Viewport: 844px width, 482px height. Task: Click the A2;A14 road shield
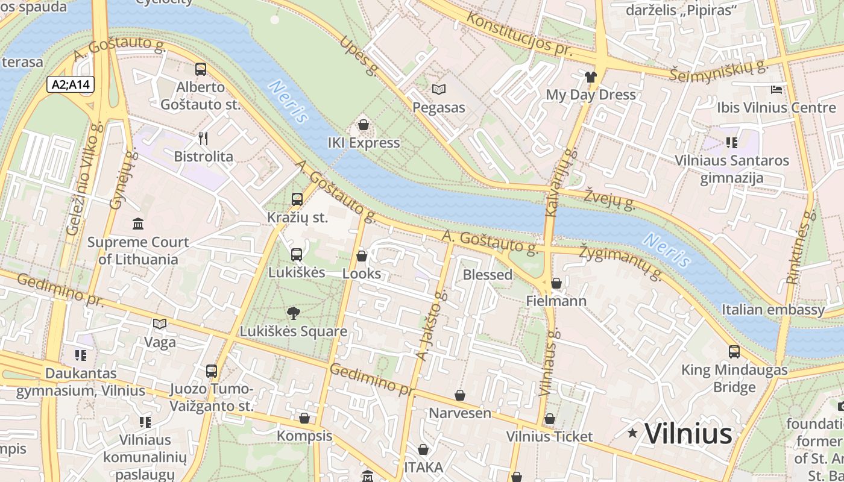71,84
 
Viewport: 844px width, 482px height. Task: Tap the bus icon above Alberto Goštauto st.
201,69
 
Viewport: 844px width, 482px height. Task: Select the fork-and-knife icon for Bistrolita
203,139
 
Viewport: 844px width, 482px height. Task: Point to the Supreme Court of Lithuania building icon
138,224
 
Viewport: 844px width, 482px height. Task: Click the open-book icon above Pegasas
439,90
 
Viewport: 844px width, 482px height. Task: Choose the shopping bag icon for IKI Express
364,125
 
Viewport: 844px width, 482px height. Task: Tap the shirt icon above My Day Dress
590,77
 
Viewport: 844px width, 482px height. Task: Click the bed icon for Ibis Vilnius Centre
777,90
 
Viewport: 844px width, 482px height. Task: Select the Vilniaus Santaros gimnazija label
732,169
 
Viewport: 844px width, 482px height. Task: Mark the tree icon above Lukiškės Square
294,313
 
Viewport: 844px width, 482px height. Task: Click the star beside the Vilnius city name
632,433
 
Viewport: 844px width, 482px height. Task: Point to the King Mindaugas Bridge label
734,378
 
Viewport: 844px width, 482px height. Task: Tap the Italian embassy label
773,310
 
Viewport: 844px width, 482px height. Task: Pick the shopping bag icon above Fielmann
556,283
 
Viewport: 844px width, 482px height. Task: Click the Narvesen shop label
460,413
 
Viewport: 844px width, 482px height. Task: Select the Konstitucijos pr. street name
519,34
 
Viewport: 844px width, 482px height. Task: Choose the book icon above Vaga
160,324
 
